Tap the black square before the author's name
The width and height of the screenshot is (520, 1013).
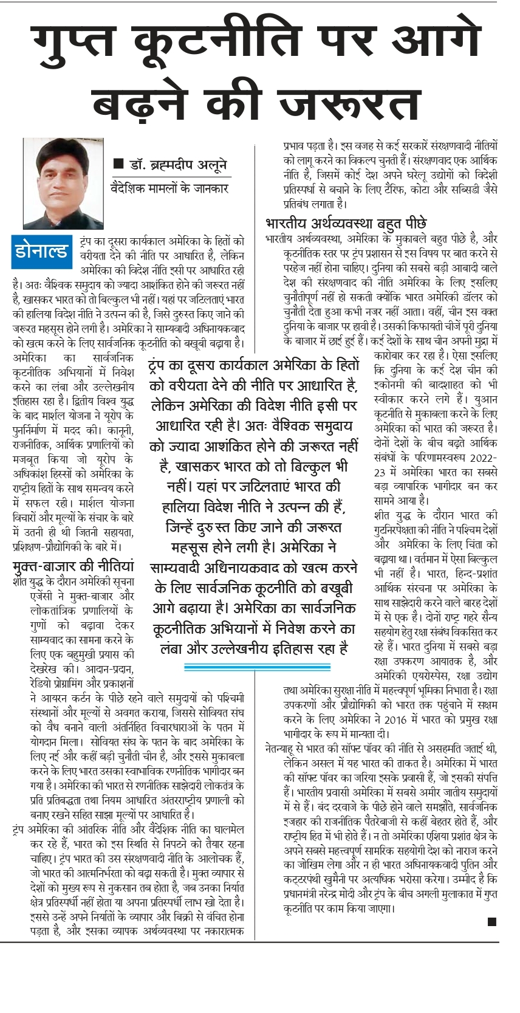(x=118, y=164)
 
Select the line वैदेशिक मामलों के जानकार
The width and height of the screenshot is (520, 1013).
(x=169, y=188)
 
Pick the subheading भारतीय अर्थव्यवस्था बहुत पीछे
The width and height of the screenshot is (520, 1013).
(x=346, y=222)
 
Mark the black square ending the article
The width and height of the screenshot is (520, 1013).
(x=492, y=922)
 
